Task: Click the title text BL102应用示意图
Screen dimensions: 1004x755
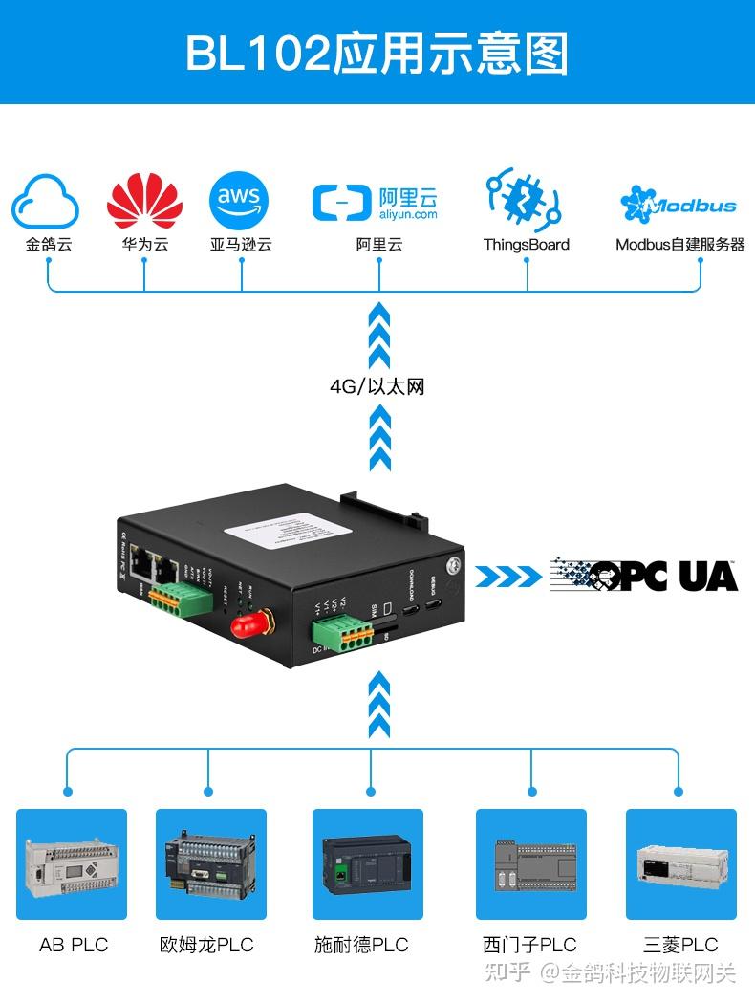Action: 377,53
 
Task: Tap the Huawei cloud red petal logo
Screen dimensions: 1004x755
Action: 144,201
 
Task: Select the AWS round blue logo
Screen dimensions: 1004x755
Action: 239,201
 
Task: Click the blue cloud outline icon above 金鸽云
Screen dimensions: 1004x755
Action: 45,201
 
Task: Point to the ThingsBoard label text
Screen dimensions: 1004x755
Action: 526,245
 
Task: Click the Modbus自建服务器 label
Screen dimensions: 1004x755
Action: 679,245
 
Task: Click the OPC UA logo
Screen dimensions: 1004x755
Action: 644,575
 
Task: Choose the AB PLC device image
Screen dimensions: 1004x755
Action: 72,864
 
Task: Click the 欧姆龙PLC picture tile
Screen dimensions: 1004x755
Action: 211,864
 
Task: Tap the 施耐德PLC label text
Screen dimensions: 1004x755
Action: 361,945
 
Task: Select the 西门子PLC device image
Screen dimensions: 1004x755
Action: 531,864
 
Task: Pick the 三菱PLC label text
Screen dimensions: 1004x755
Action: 680,945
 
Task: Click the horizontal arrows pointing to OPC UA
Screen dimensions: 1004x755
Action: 507,576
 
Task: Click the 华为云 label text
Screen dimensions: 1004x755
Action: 144,245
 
